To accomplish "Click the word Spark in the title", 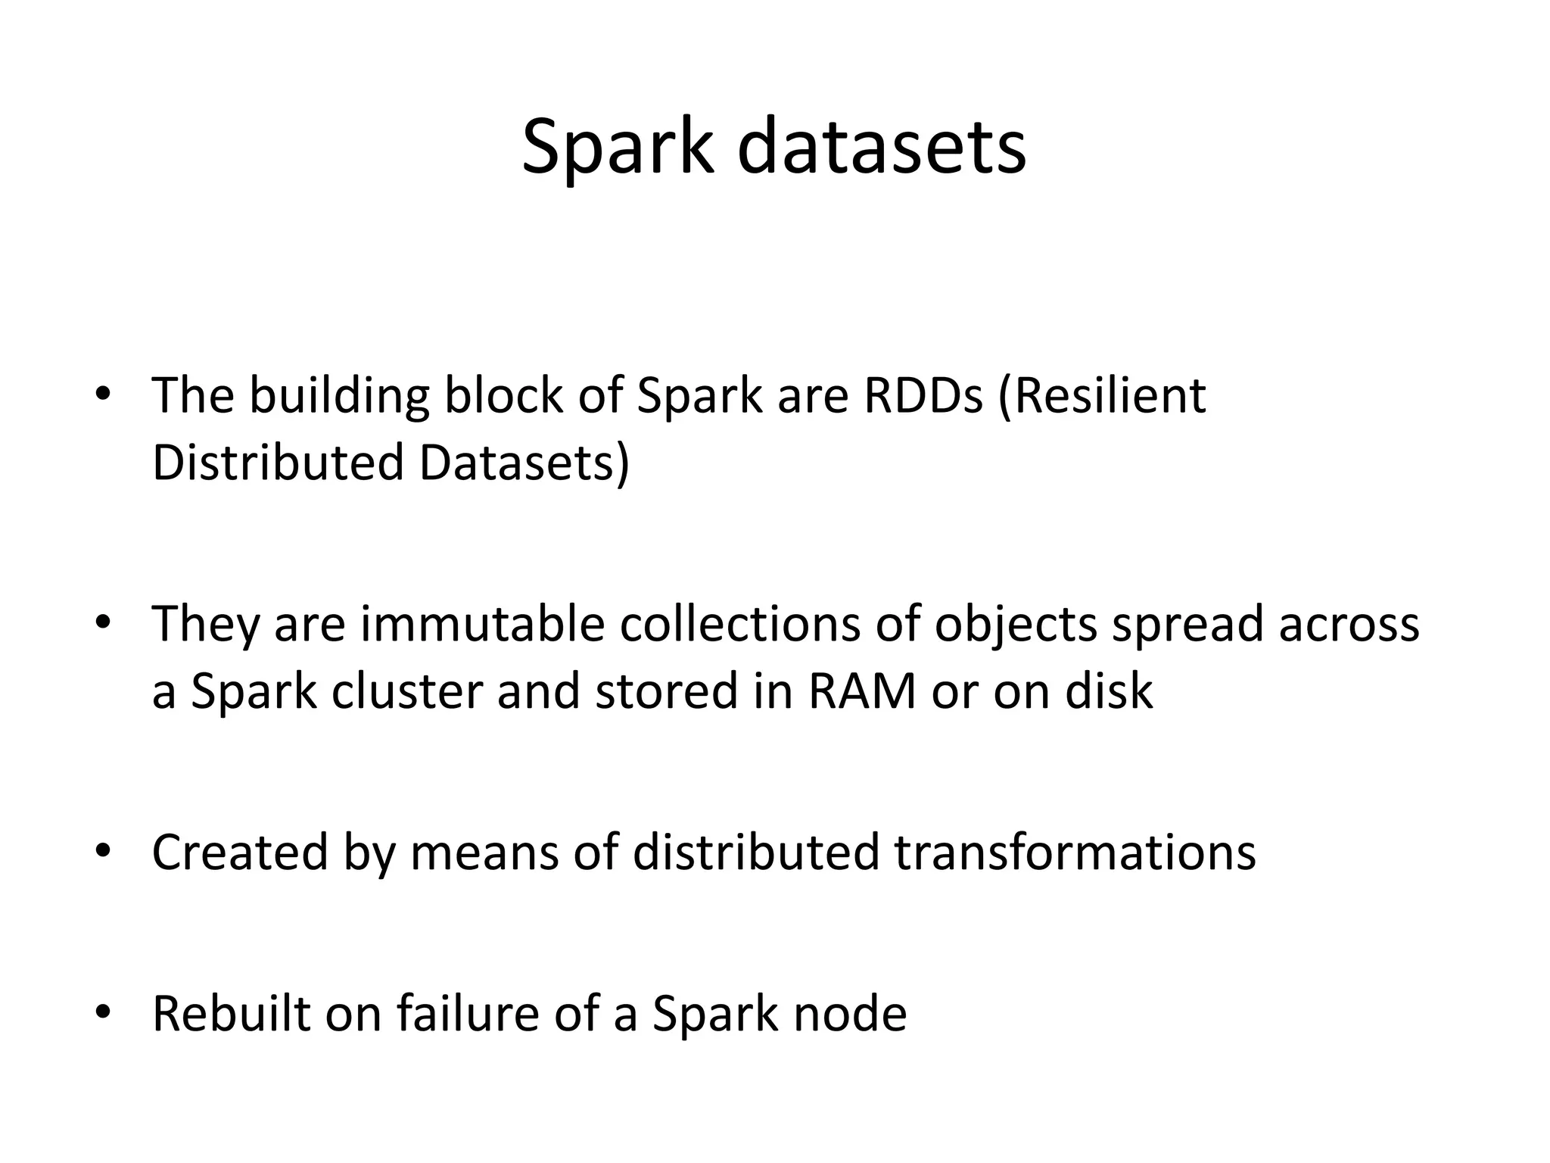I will coord(618,147).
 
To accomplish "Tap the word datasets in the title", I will coord(882,147).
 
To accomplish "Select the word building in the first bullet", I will coord(340,396).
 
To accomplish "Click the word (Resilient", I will coord(1102,396).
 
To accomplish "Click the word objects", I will coord(1016,625).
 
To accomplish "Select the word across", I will coord(1349,625).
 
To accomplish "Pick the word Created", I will coord(240,853).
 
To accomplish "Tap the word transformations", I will coord(1075,853).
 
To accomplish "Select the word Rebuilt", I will coord(231,1014).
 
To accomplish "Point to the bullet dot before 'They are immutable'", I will coord(103,622).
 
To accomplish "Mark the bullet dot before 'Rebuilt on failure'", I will coord(103,1012).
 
